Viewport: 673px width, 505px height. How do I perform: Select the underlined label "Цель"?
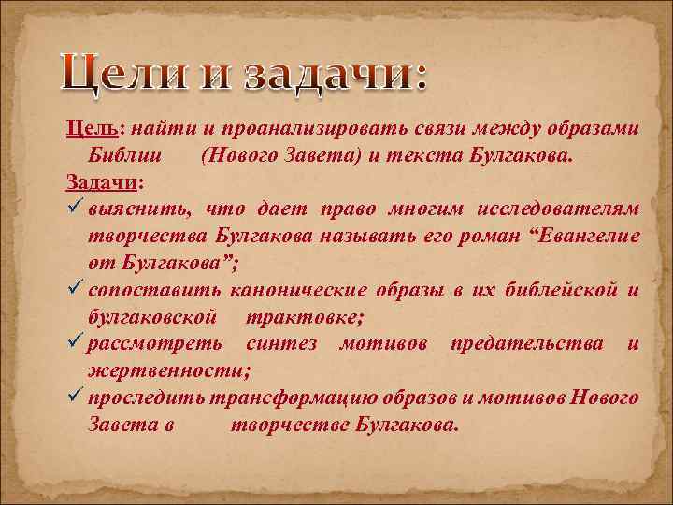(91, 129)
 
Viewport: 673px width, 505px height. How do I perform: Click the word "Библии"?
(132, 154)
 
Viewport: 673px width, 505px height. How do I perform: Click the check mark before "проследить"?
(76, 397)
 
